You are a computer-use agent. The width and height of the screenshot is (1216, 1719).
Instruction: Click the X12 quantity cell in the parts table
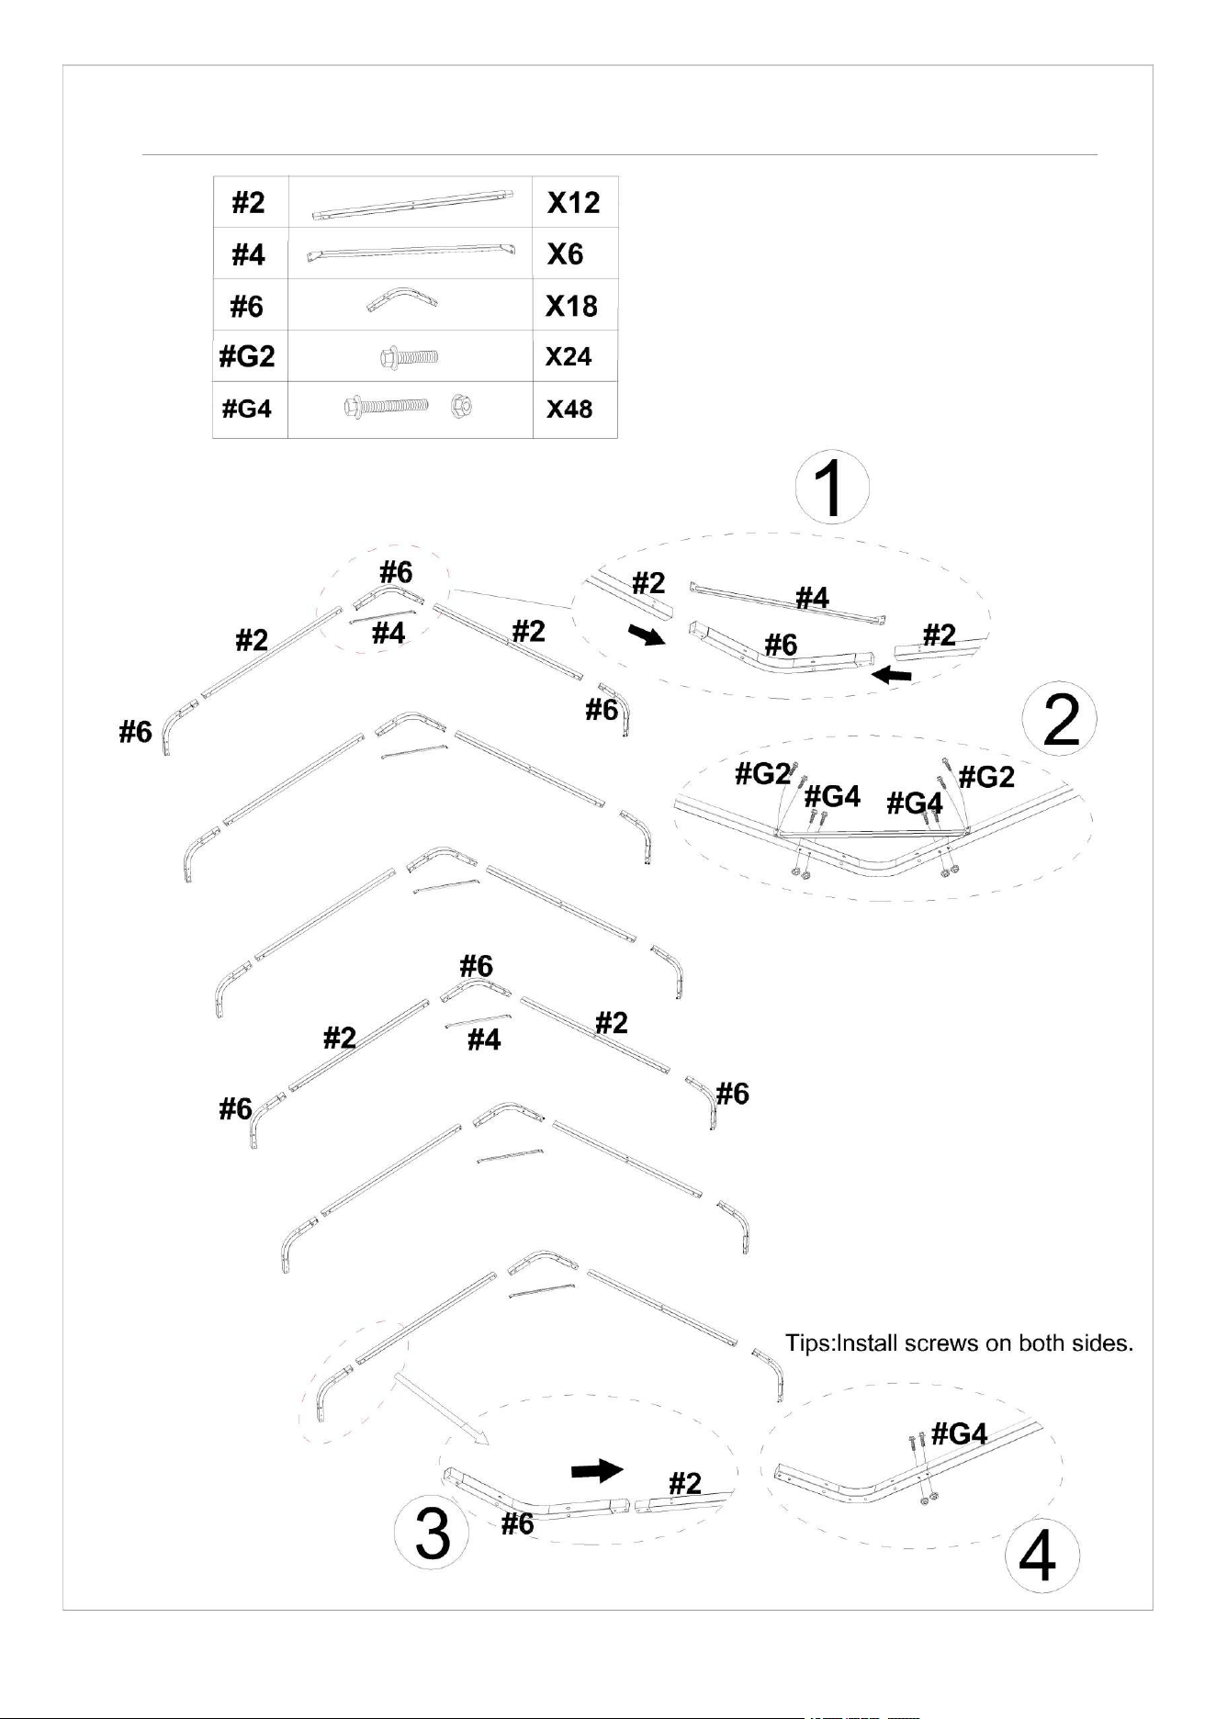tap(573, 202)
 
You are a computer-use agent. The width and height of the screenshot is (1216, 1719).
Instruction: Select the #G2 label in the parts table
tap(247, 356)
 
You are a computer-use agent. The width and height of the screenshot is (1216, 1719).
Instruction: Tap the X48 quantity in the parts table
tap(569, 409)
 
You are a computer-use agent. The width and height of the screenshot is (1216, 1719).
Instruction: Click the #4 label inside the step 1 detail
tap(813, 599)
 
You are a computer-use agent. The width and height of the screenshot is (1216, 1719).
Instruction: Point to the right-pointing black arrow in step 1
tap(647, 634)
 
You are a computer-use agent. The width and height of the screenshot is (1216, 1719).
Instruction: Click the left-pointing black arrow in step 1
tap(892, 677)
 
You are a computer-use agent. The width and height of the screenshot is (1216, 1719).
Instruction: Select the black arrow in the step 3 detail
tap(597, 1470)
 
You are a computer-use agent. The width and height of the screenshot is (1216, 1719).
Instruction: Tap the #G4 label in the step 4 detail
tap(959, 1433)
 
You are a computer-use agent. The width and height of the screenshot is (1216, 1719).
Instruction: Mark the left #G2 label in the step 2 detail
tap(762, 774)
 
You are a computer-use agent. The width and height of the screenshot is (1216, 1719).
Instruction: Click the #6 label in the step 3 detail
tap(518, 1523)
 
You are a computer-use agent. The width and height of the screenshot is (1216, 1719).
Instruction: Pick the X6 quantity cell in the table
tap(565, 253)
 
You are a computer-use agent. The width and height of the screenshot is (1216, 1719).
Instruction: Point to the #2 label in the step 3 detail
tap(685, 1483)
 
